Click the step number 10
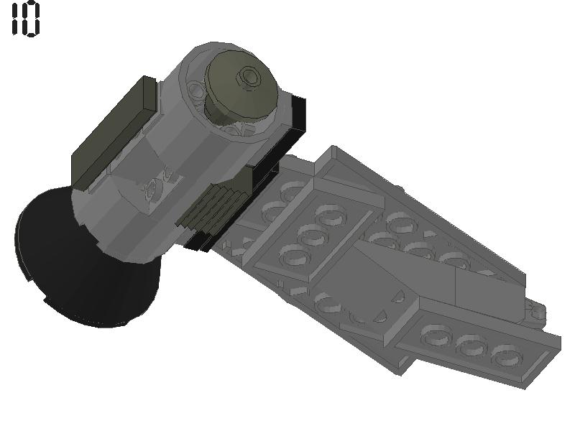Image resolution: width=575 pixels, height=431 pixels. click(25, 19)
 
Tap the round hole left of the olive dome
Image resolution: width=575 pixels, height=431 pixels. click(195, 90)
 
